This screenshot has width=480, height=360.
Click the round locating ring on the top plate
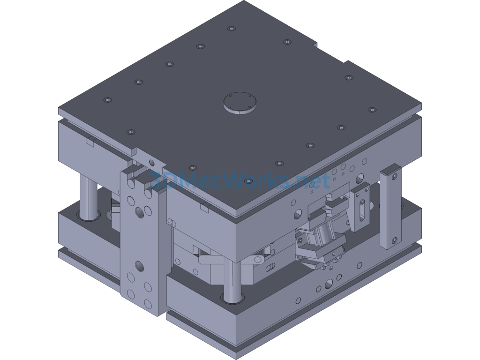(x=240, y=102)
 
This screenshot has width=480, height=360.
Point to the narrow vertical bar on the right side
(x=390, y=206)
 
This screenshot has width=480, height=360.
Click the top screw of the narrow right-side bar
(x=394, y=176)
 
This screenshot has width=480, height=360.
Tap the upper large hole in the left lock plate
(x=140, y=213)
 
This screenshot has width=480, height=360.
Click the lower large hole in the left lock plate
(x=140, y=267)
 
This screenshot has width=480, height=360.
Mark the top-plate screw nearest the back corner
(x=231, y=29)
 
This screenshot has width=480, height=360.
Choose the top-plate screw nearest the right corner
(x=372, y=110)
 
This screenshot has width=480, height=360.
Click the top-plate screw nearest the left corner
(x=108, y=99)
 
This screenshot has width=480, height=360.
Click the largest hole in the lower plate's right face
(x=329, y=283)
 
